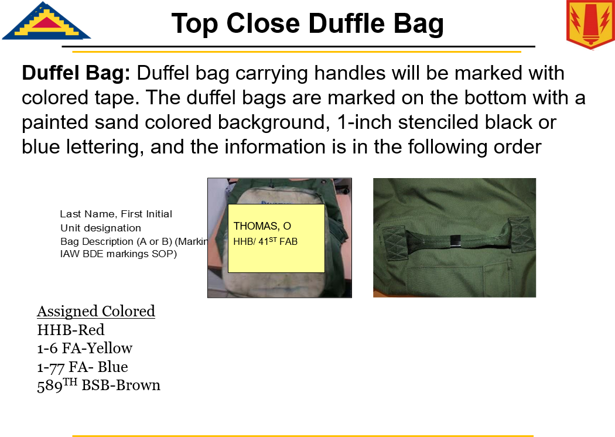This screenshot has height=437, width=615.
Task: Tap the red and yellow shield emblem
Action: pos(590,25)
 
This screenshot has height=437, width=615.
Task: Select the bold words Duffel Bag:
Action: pos(76,73)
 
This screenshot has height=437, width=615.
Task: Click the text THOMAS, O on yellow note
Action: pos(262,226)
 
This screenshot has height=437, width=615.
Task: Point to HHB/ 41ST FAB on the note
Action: pos(265,241)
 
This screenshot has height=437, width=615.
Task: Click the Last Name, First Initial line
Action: pos(116,214)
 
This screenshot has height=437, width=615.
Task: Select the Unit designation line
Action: pos(100,228)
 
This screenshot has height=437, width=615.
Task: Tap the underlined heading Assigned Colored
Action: pos(96,312)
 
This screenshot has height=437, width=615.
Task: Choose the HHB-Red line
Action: pos(71,330)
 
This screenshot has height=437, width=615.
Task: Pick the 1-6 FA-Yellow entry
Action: pos(85,349)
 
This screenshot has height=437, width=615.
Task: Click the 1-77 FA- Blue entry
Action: pos(83,367)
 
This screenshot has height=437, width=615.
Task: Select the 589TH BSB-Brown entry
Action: pos(98,385)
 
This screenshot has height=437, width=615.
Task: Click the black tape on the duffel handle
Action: pos(455,241)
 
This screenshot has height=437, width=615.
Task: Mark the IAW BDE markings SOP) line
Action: pos(118,254)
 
